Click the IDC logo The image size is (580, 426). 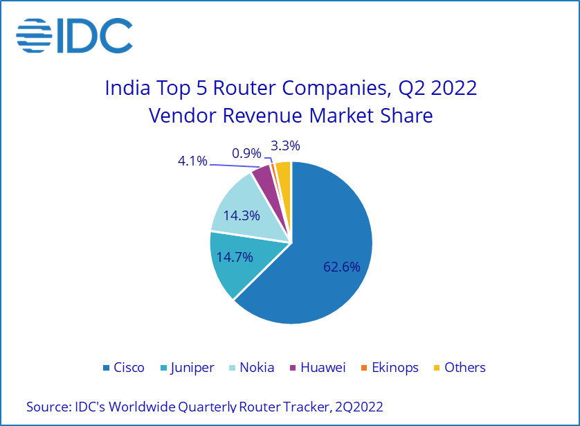click(x=75, y=35)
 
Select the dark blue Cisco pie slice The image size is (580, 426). click(x=325, y=229)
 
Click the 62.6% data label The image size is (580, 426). click(x=342, y=267)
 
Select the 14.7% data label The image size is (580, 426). click(x=235, y=257)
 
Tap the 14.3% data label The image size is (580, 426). click(x=242, y=215)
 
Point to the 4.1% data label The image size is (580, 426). click(x=192, y=161)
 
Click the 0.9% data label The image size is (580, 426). click(x=247, y=152)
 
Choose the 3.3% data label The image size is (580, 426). click(x=286, y=146)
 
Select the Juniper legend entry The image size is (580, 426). click(x=186, y=367)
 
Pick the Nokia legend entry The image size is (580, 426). click(x=251, y=367)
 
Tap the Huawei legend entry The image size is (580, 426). click(x=316, y=367)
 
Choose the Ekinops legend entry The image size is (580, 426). click(x=388, y=367)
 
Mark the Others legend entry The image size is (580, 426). click(x=458, y=367)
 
